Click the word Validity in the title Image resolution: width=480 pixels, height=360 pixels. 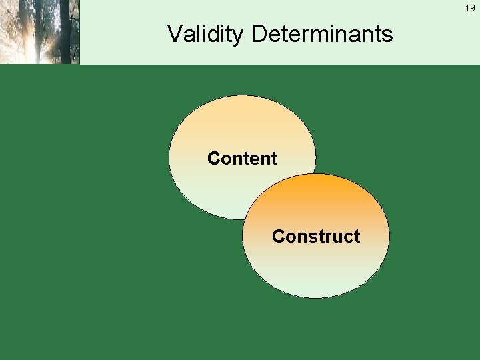click(x=205, y=34)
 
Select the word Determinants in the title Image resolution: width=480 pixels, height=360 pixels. click(x=322, y=34)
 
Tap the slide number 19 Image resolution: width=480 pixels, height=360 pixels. click(x=470, y=8)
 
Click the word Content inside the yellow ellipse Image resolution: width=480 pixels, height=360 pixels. click(x=242, y=159)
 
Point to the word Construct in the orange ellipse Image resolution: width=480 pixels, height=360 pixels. click(x=315, y=237)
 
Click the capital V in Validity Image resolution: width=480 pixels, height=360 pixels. click(x=175, y=34)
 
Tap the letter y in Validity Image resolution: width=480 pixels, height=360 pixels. click(x=239, y=37)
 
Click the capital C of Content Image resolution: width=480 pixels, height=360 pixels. click(x=213, y=159)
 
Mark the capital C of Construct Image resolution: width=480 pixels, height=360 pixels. click(x=278, y=237)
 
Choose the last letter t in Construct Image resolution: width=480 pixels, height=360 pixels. click(x=357, y=237)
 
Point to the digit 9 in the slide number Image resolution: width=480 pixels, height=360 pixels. click(x=473, y=8)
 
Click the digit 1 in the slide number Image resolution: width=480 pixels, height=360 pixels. click(x=467, y=8)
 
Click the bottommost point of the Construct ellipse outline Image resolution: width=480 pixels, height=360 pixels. click(x=315, y=298)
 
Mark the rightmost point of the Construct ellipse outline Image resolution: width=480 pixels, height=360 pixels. click(x=389, y=237)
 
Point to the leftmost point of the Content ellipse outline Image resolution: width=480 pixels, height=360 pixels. click(x=169, y=159)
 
